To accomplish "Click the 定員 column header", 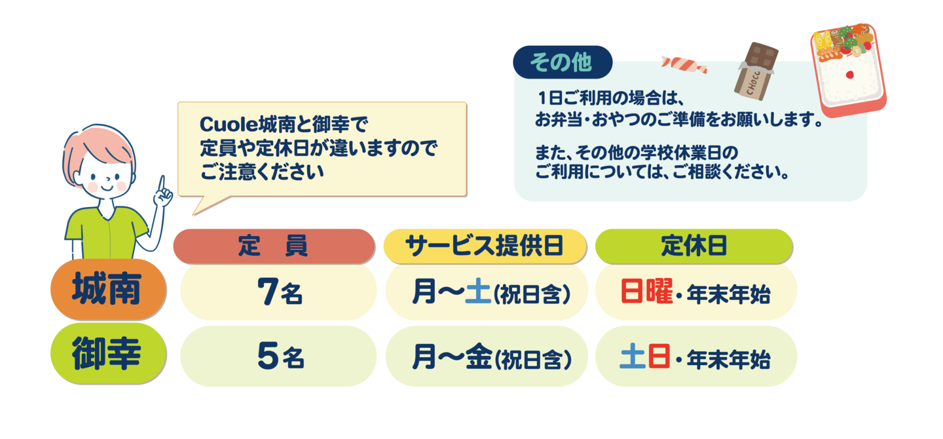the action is tap(274, 246).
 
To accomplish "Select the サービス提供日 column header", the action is tap(485, 246).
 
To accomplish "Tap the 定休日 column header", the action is tap(693, 246).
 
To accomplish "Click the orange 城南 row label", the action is tap(108, 289).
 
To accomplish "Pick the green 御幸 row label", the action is tap(108, 353).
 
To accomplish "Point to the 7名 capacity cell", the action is tap(278, 292).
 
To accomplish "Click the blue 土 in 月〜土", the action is tap(478, 291).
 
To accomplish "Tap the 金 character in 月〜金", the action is tap(479, 356).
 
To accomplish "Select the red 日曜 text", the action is tap(646, 291).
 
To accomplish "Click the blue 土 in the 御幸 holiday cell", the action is tap(633, 356).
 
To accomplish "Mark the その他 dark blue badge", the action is tap(563, 62).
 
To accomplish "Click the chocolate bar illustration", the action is tap(756, 71).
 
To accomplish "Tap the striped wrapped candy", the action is tap(684, 65).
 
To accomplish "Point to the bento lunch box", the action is tap(849, 70).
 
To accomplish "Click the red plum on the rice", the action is tap(849, 75).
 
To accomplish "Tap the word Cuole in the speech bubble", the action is tap(228, 124).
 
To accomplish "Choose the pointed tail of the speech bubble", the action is tap(194, 214).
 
